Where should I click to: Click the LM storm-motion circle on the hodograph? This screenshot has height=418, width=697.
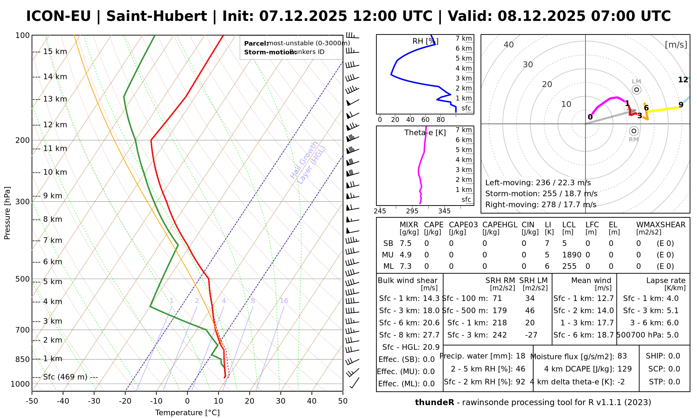pos(637,90)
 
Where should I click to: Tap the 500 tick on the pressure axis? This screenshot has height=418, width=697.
pos(22,279)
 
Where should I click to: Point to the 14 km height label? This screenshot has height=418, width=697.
pos(55,77)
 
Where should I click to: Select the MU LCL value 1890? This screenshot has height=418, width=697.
pos(572,255)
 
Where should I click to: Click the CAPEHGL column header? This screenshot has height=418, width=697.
pos(500,225)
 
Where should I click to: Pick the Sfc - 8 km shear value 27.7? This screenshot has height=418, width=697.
pos(431,335)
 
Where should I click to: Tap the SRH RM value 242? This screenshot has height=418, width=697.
pos(499,335)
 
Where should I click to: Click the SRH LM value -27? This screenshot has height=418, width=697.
pos(531,335)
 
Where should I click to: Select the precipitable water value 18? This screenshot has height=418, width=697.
pos(520,356)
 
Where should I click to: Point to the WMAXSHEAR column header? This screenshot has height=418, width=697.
pos(661,225)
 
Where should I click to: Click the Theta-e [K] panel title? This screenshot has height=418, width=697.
pos(425,133)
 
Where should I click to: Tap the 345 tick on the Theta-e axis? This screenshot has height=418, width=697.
pos(444,211)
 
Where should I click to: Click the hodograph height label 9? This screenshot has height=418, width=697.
pos(681,105)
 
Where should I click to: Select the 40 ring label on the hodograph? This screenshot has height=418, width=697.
pos(509,45)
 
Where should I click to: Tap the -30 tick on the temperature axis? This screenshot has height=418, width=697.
pos(94,401)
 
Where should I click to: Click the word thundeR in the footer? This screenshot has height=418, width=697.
pos(435,403)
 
